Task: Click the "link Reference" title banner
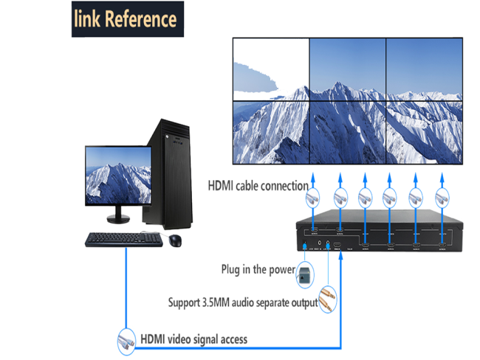[126, 20]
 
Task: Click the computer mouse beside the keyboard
[175, 240]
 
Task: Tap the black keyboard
[123, 240]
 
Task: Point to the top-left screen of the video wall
[270, 69]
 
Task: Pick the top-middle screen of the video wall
[347, 69]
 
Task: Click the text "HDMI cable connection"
[257, 185]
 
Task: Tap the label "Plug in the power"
[258, 269]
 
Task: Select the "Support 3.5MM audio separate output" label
[243, 302]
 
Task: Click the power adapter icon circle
[304, 274]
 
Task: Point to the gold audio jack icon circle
[328, 301]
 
